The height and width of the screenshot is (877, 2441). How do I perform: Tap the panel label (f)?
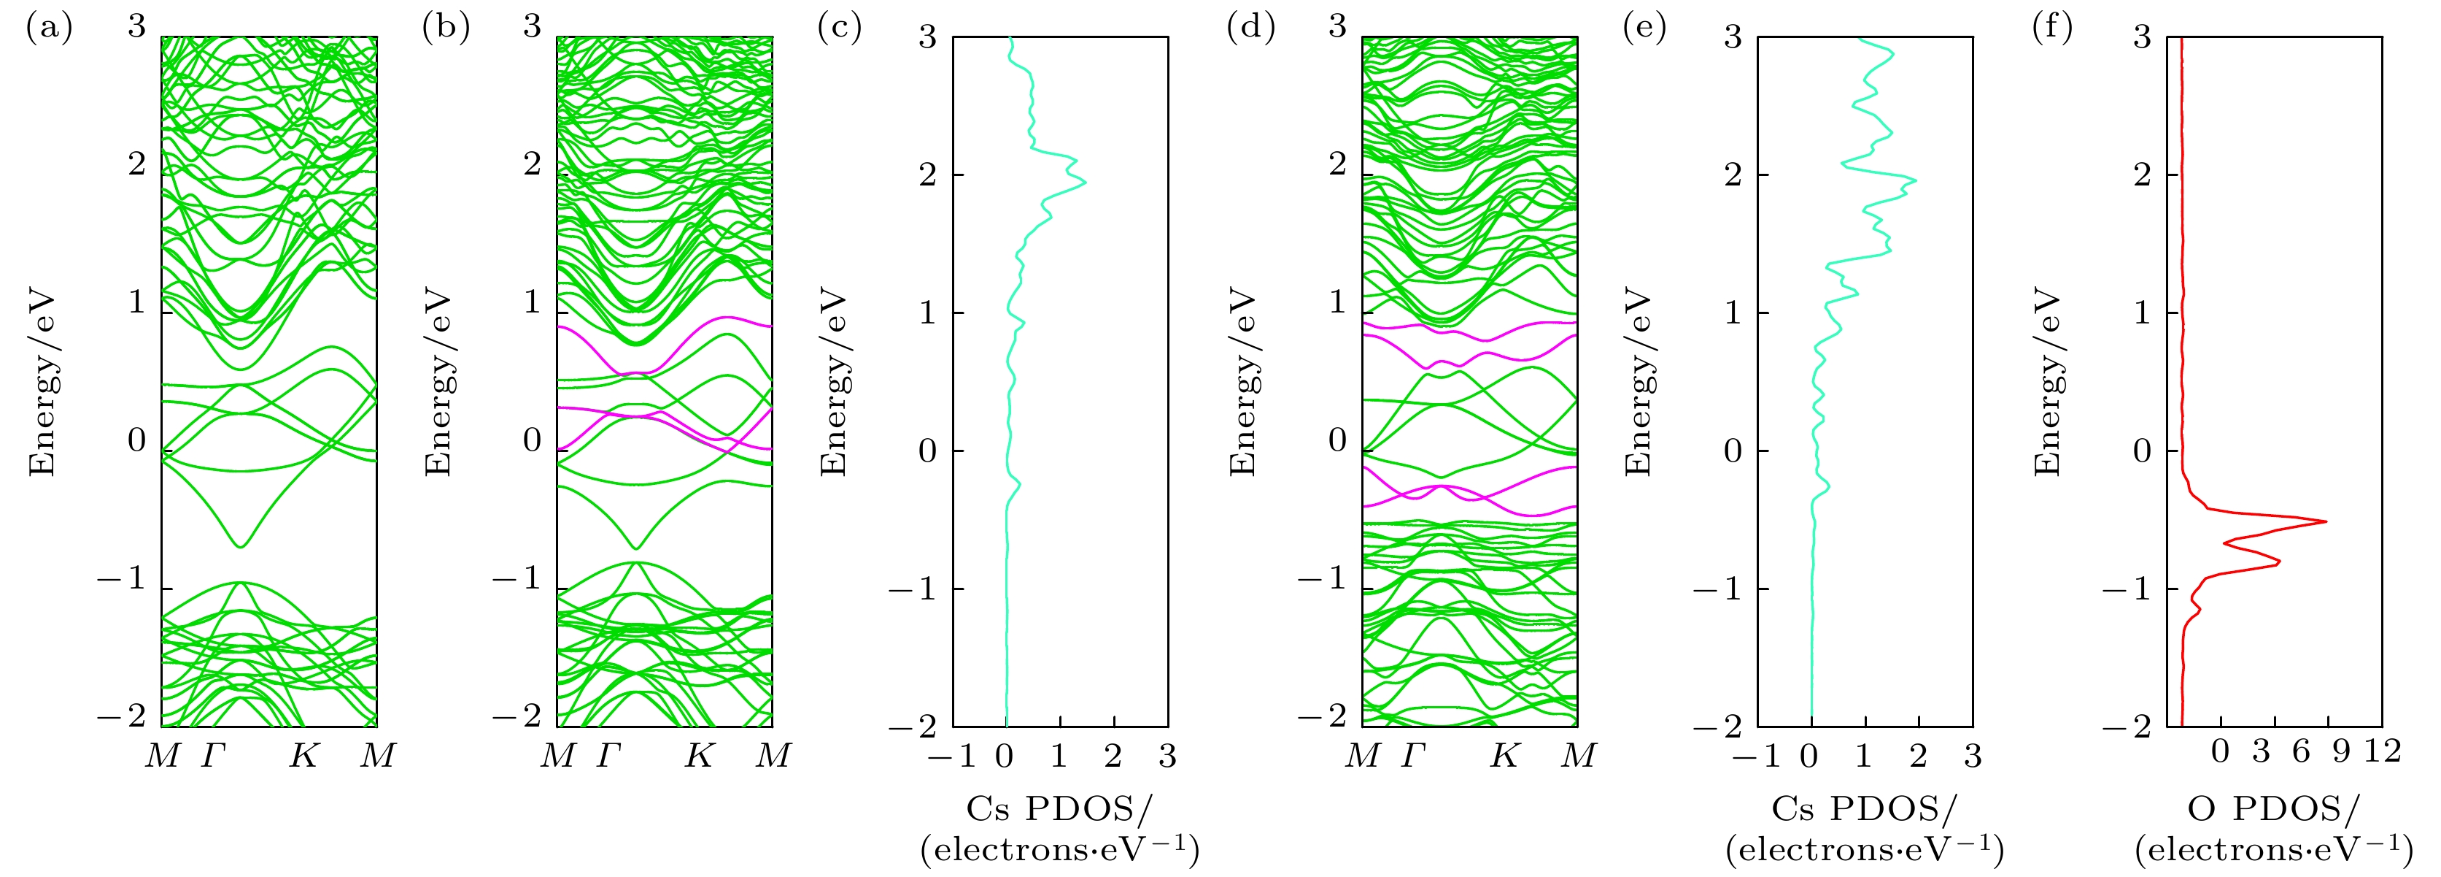click(x=2051, y=28)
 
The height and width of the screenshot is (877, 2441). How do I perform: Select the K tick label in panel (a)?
click(x=303, y=756)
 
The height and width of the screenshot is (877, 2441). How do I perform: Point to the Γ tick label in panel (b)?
click(x=609, y=756)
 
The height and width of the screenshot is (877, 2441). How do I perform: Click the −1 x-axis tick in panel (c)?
click(x=952, y=756)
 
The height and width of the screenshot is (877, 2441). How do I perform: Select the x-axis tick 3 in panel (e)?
click(x=1973, y=756)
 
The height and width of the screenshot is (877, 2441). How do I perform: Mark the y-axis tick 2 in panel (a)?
click(x=137, y=164)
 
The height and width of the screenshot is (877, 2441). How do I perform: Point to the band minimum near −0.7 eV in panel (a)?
click(x=241, y=547)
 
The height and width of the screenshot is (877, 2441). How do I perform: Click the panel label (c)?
click(x=839, y=28)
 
